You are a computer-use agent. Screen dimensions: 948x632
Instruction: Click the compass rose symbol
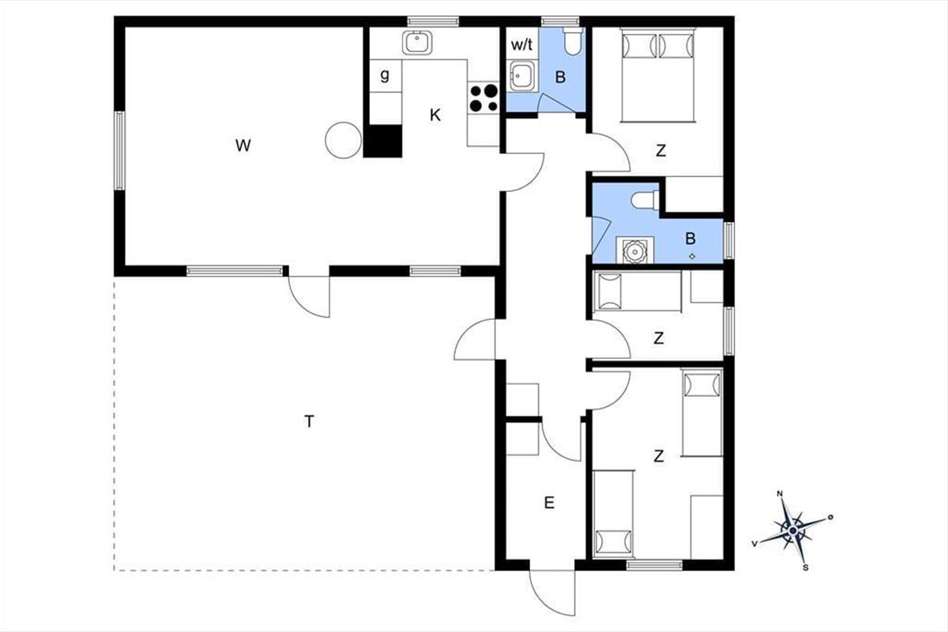click(792, 530)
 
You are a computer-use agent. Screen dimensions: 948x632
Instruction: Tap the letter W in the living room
click(243, 145)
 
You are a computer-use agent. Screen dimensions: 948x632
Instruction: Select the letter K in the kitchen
click(435, 115)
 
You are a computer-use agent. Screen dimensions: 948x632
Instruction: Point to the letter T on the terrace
click(310, 422)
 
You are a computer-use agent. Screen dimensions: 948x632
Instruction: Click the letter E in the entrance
click(549, 503)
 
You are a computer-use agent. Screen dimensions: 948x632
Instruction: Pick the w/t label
click(522, 44)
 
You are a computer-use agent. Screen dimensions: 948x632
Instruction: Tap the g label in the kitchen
click(385, 75)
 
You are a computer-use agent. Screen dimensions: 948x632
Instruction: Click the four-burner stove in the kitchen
click(483, 98)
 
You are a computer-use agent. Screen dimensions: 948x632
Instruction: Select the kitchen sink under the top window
click(417, 43)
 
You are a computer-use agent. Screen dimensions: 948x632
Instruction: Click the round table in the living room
click(343, 140)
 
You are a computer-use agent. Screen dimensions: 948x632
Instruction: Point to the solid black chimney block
click(382, 141)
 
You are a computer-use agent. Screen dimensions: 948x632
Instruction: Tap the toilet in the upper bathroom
click(574, 40)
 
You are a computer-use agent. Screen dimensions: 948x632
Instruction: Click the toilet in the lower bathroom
click(645, 200)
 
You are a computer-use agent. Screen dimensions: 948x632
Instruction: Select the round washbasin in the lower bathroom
click(634, 251)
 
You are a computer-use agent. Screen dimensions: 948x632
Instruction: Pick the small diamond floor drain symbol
click(692, 256)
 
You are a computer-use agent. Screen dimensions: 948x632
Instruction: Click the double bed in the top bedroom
click(657, 75)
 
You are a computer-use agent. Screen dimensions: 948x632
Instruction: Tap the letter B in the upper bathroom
click(560, 77)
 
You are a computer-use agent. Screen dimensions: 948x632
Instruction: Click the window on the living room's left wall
click(120, 151)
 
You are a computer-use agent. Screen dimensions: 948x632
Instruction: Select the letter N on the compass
click(780, 494)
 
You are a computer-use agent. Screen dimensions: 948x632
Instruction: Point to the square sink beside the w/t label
click(522, 76)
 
